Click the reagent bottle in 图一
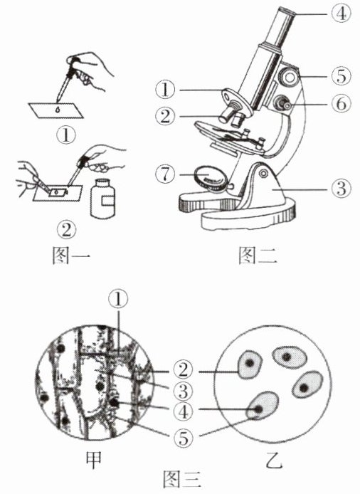pos(102,199)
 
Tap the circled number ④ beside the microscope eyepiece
pos(341,14)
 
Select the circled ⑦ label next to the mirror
pos(165,174)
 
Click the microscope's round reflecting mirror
pos(211,179)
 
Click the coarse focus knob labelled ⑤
pos(290,76)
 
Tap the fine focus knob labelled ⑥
pos(282,104)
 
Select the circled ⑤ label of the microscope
pos(341,77)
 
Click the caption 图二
pos(258,256)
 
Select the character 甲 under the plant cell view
pos(94,460)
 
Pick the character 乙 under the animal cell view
pos(273,460)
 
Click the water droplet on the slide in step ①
pos(58,110)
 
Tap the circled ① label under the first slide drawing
pos(66,136)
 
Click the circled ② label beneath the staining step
pos(66,230)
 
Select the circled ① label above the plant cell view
pos(118,299)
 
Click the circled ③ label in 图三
pos(183,391)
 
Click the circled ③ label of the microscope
pos(341,189)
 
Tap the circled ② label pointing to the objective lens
pos(165,117)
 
